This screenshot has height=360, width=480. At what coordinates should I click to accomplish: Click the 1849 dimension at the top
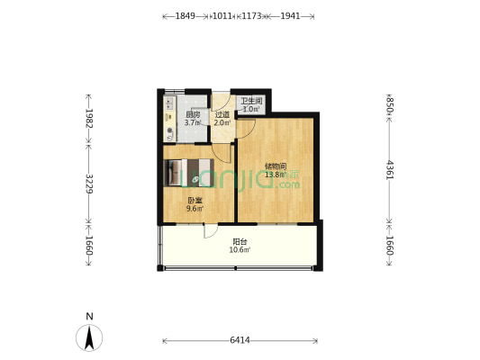coord(186,16)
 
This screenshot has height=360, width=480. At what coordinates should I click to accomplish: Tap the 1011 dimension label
coord(221,16)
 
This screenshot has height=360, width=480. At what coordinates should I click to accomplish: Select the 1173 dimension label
coord(251,16)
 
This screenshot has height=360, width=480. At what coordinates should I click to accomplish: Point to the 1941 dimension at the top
coord(290,16)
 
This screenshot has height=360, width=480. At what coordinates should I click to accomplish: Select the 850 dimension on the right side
coord(389,104)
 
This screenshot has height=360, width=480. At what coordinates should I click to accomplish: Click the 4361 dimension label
coord(389,169)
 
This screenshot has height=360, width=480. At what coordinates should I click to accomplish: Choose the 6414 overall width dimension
coord(240,340)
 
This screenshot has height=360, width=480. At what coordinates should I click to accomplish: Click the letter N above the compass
coord(89,316)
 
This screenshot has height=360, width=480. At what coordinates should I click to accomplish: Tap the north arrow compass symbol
coord(89,337)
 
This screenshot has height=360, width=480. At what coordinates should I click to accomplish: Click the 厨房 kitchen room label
coord(193,114)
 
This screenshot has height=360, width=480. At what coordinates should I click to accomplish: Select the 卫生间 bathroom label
coord(251,102)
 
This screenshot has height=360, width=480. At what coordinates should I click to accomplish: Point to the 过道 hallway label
coord(222,114)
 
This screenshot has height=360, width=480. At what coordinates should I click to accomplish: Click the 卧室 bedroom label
coord(195,201)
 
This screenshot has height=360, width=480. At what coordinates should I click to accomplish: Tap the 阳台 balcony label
coord(240,241)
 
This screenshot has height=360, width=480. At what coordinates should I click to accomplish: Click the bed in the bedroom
coord(187,172)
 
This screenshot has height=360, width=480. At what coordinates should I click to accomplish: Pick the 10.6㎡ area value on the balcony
coord(240,250)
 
